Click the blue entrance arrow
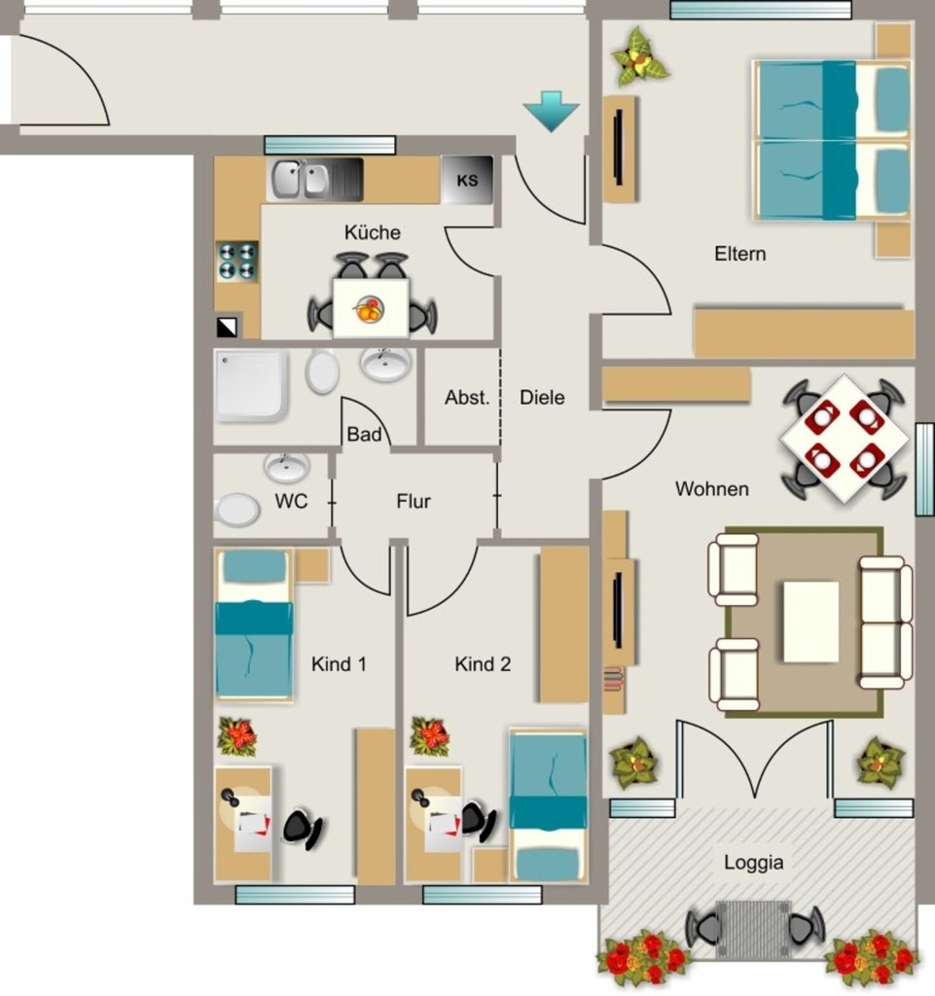[x=552, y=111]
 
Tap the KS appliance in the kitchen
[x=467, y=180]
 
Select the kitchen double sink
[x=299, y=180]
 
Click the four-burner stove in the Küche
[x=237, y=261]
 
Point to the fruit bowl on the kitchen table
[x=369, y=309]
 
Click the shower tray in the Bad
[x=250, y=385]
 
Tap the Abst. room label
[x=467, y=398]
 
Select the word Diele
[x=542, y=398]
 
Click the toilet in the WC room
[x=237, y=510]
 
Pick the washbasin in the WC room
[x=287, y=466]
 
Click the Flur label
[x=414, y=501]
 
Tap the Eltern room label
[x=740, y=254]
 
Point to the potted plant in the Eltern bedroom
[x=639, y=55]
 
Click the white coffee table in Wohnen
[x=810, y=622]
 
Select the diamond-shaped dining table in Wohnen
[x=845, y=439]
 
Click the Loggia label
[x=753, y=863]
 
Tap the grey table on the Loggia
[x=753, y=929]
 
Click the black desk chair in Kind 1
[x=302, y=827]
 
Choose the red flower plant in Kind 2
[x=430, y=737]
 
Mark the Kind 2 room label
[x=483, y=664]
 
